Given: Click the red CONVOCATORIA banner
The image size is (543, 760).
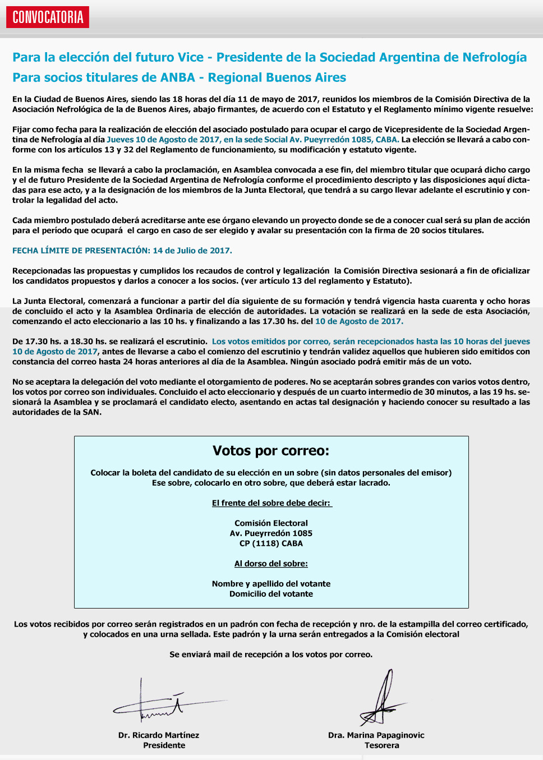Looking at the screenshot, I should click(x=48, y=17).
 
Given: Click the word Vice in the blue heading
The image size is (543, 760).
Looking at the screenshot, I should click(x=190, y=57).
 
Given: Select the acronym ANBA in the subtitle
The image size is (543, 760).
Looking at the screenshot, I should click(x=178, y=77).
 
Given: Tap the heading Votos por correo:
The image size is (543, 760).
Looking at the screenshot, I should click(x=271, y=451).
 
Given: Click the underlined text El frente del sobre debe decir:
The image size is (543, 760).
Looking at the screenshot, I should click(x=271, y=503).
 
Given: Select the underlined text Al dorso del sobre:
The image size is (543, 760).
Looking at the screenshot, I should click(x=271, y=564).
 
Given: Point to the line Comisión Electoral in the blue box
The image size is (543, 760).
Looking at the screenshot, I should click(x=271, y=523).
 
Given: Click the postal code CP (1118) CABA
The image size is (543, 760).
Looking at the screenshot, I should click(x=271, y=543).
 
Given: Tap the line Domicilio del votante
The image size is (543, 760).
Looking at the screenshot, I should click(x=271, y=594).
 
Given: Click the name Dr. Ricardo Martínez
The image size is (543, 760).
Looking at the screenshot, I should click(x=159, y=735).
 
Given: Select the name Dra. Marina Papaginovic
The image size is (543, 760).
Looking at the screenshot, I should click(x=376, y=735).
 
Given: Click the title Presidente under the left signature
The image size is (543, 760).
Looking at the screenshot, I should click(x=164, y=745).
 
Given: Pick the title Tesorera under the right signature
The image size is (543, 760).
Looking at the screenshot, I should click(x=382, y=745).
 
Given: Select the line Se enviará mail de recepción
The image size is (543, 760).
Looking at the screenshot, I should click(x=271, y=655).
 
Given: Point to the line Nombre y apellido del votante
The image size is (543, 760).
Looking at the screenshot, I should click(x=271, y=584).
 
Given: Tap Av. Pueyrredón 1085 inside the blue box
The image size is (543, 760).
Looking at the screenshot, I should click(x=271, y=533).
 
